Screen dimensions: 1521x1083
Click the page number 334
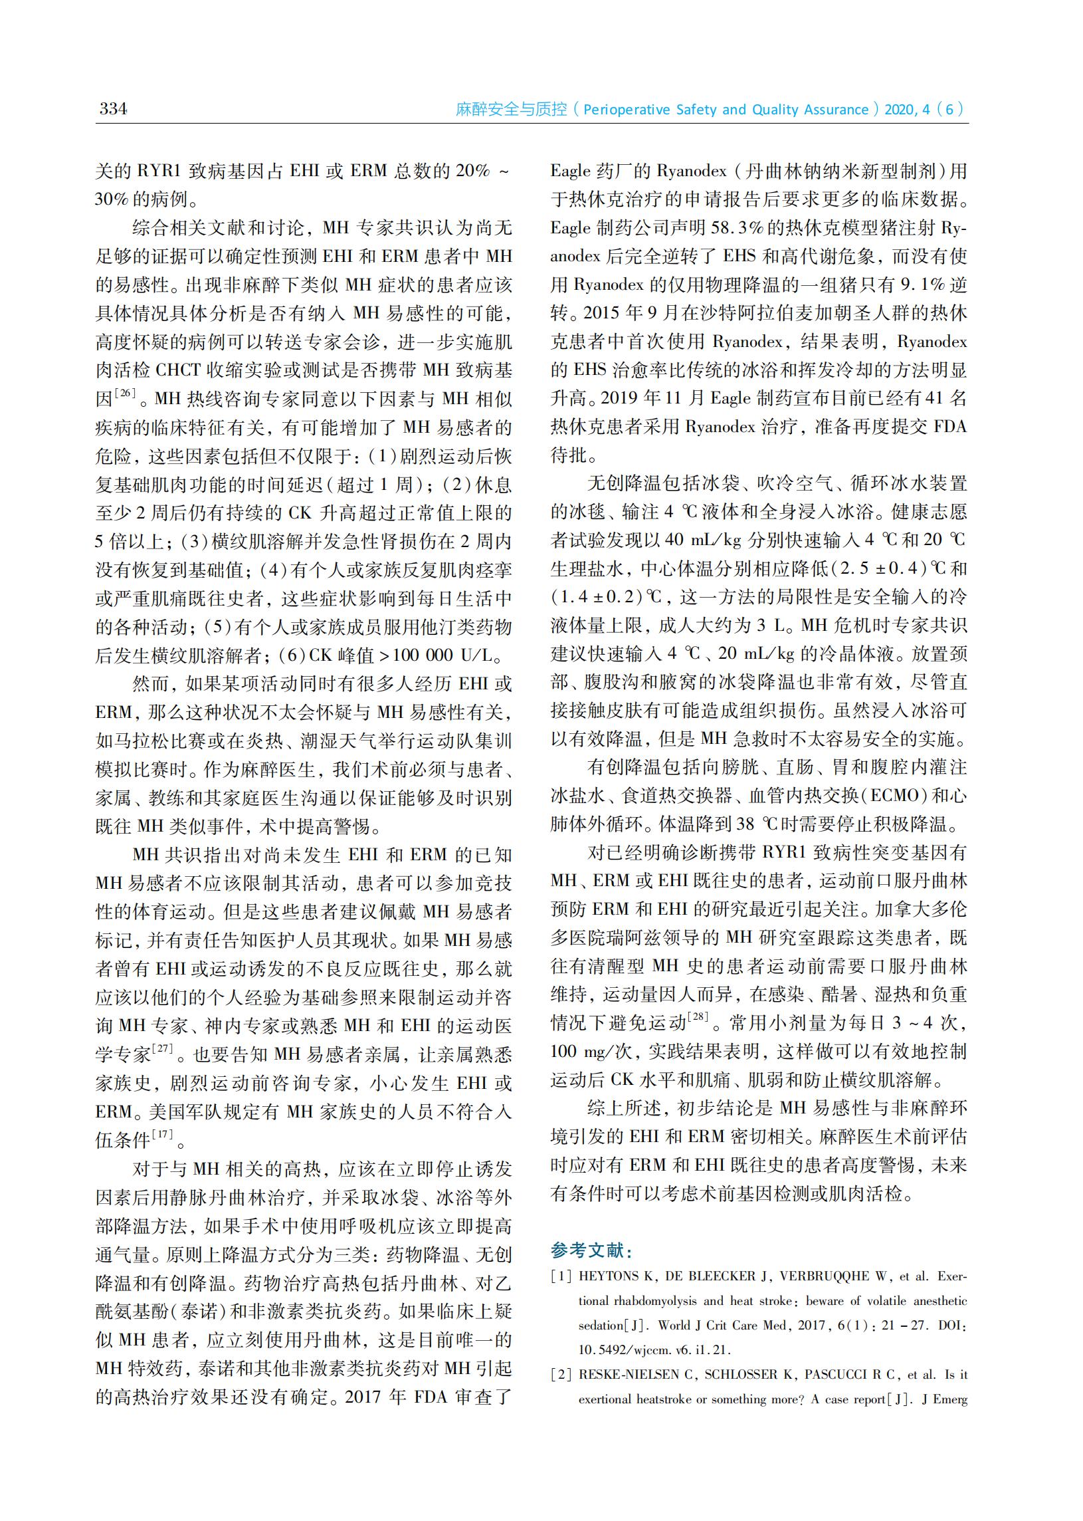pyautogui.click(x=113, y=108)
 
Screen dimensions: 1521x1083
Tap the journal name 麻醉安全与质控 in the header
pyautogui.click(x=511, y=110)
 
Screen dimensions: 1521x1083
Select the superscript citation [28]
pyautogui.click(x=698, y=1016)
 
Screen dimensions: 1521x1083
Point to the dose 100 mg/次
pyautogui.click(x=591, y=1052)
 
